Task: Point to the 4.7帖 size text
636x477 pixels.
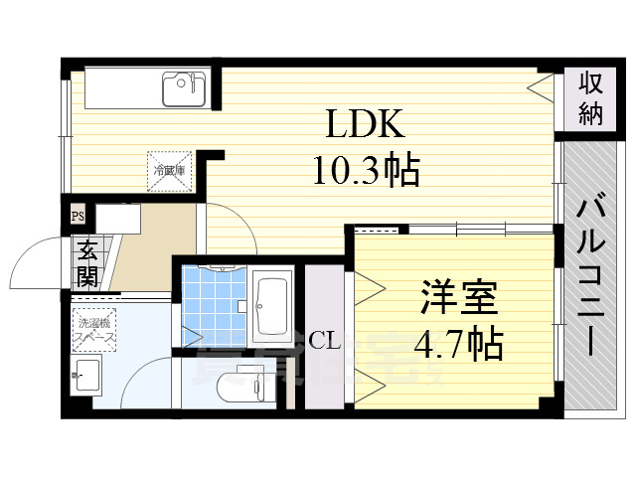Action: [x=458, y=344]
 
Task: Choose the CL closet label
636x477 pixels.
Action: [x=325, y=342]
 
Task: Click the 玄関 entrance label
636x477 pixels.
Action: [x=86, y=261]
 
